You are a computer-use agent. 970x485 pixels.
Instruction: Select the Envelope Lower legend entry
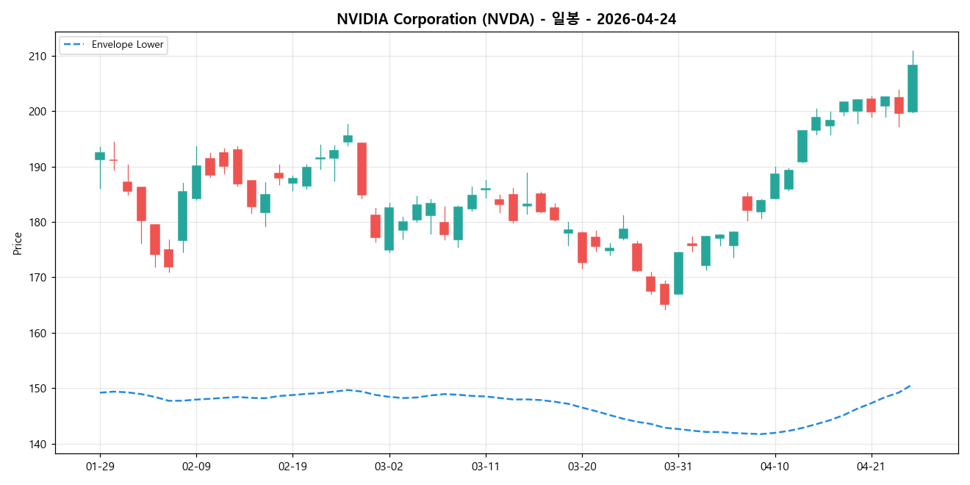[127, 45]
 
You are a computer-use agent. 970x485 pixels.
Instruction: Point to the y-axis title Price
[18, 243]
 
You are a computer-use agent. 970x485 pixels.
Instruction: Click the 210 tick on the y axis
[37, 57]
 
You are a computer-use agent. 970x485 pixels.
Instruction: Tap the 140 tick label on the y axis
[37, 444]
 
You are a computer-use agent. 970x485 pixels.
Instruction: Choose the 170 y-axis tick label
[37, 278]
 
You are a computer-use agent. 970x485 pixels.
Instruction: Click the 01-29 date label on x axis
[100, 466]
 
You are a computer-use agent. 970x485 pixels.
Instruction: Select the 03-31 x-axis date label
[678, 466]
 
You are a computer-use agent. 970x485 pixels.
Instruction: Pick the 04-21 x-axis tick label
[871, 466]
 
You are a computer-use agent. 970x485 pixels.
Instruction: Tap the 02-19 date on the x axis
[292, 466]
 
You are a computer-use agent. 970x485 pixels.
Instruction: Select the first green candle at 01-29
[100, 156]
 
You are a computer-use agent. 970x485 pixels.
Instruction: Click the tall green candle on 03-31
[678, 273]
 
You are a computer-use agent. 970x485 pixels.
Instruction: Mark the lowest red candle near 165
[664, 294]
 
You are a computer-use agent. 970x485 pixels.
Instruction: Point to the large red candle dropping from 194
[362, 169]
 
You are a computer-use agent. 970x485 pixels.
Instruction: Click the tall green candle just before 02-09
[182, 216]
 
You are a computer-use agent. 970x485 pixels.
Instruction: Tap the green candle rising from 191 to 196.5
[802, 146]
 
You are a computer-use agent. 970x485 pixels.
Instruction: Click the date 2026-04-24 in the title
[636, 20]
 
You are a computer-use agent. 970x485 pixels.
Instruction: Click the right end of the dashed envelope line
[910, 385]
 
